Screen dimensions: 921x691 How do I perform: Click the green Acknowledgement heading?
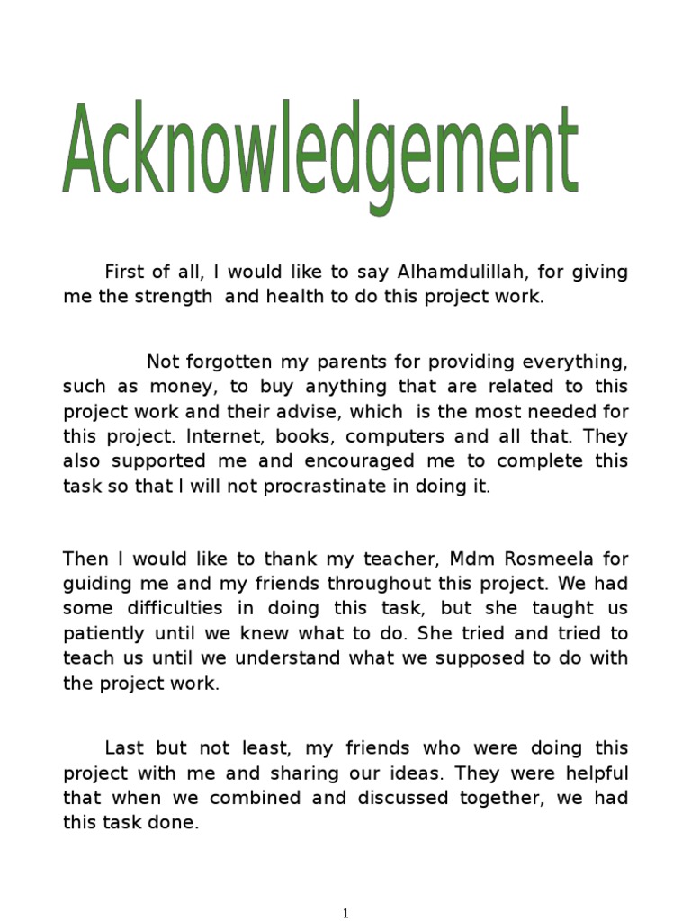(319, 153)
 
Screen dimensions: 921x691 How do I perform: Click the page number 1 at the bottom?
(346, 914)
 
